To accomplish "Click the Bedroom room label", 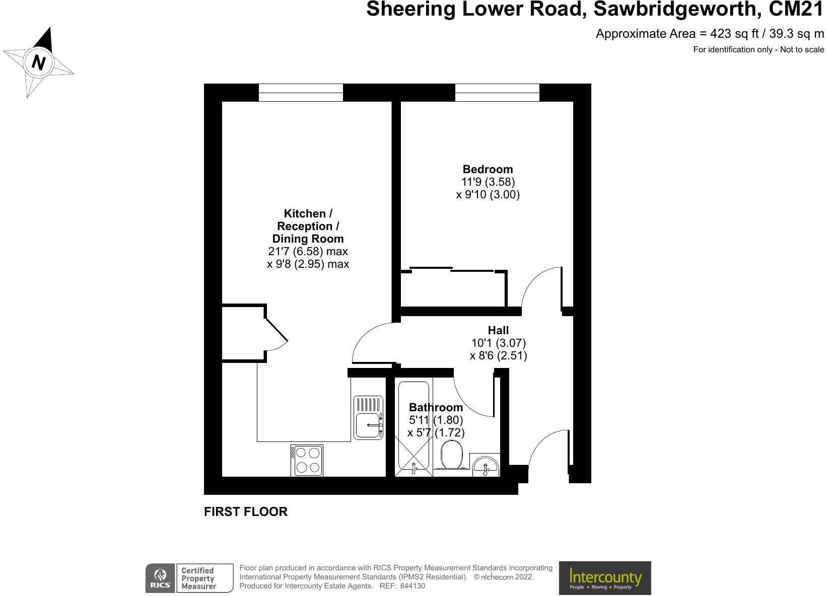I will (488, 169).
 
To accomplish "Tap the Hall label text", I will (498, 330).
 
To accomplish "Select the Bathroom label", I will (436, 407).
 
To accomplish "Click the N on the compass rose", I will (38, 62).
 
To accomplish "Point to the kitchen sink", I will (369, 417).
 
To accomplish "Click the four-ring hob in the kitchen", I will (307, 460).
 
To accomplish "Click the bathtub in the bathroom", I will (414, 428).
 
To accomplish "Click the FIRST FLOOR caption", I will (246, 512).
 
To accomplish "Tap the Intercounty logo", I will (605, 578).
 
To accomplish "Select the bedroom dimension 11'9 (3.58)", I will (488, 182).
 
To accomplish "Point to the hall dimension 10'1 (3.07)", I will (498, 343).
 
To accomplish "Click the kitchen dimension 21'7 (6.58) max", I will (308, 251).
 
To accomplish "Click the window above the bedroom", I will (497, 93).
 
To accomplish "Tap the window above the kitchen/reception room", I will (301, 93).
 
